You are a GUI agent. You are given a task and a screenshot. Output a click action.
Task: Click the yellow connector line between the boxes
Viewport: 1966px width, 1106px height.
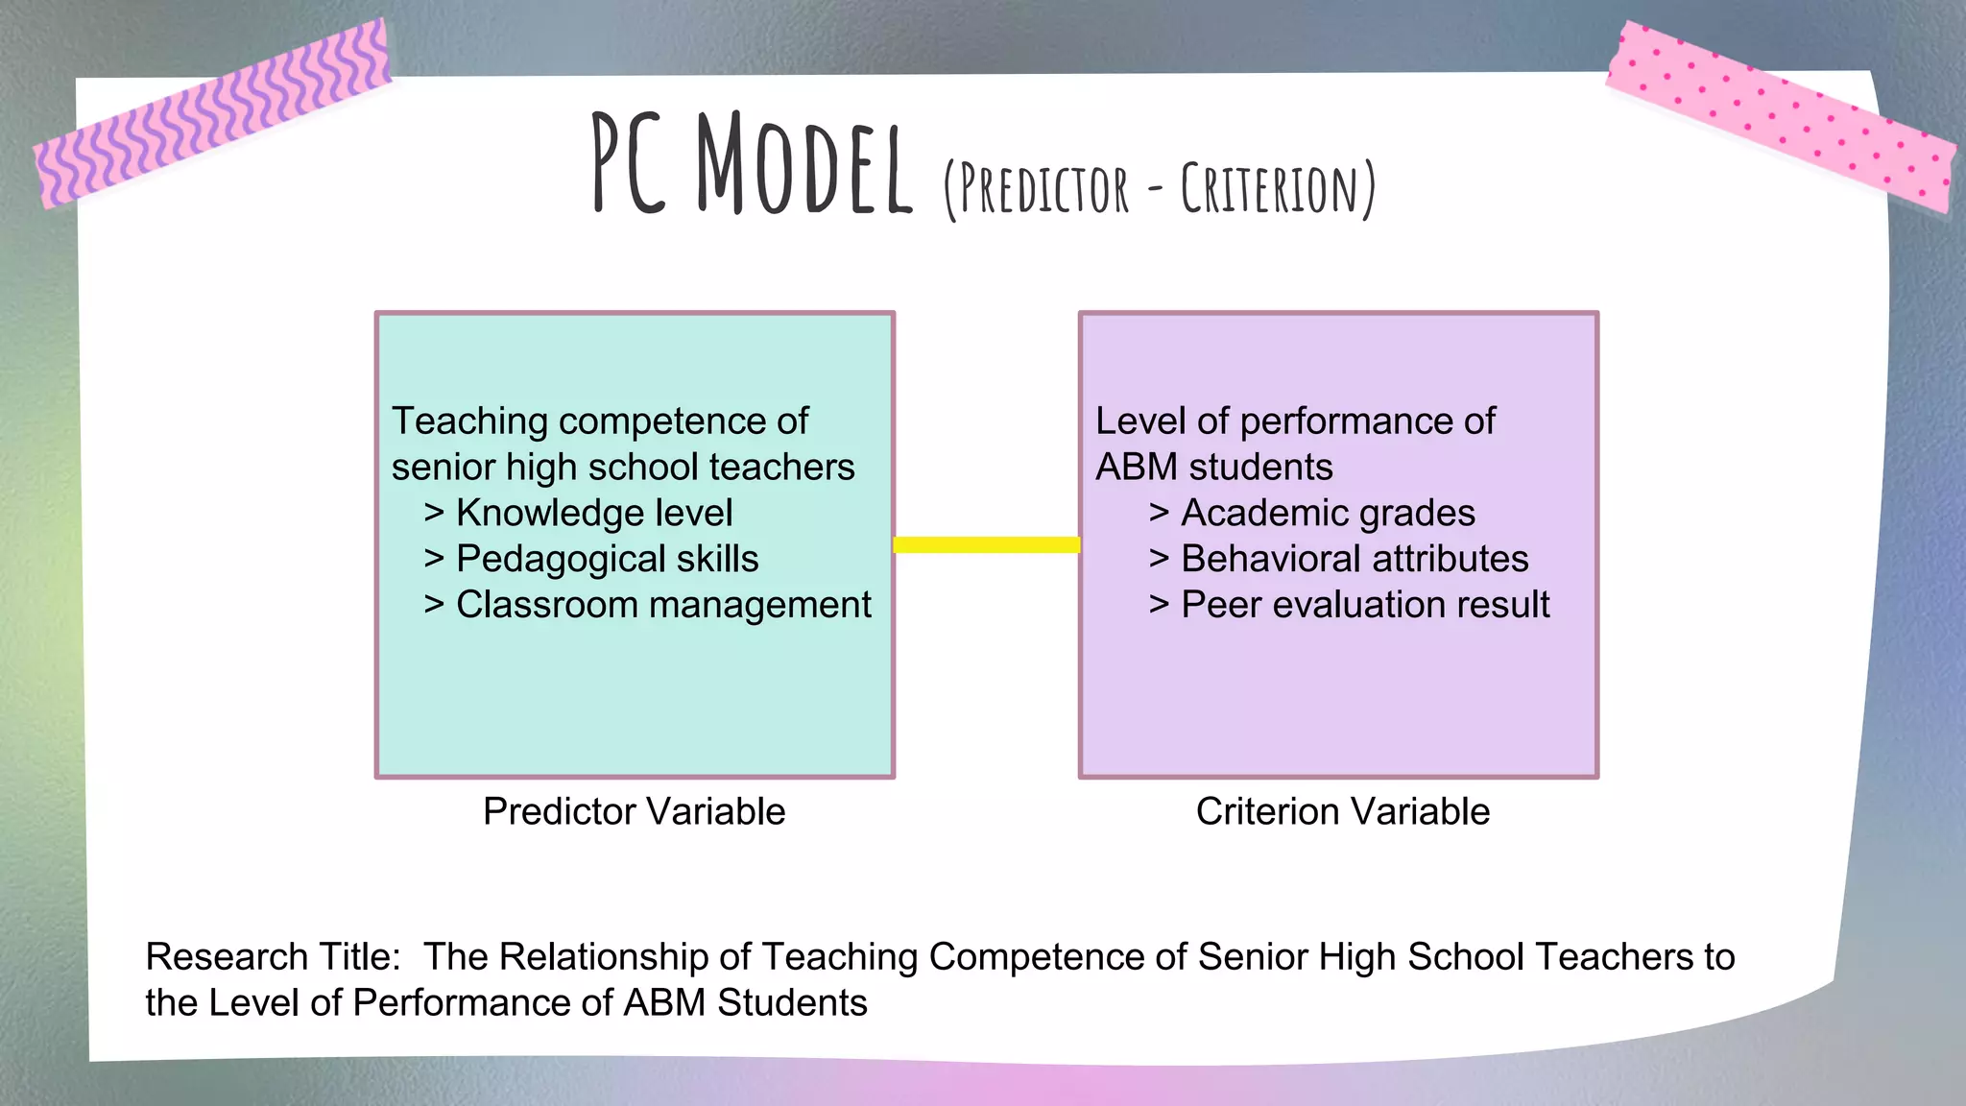pyautogui.click(x=986, y=544)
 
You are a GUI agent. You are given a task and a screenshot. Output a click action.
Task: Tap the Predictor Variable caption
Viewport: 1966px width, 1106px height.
pyautogui.click(x=634, y=811)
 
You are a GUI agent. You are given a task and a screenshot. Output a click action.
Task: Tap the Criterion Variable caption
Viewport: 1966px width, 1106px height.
pyautogui.click(x=1342, y=811)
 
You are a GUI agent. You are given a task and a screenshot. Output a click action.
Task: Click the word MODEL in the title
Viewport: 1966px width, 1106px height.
pyautogui.click(x=803, y=165)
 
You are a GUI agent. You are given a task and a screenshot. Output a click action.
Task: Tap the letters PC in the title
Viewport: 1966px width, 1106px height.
pyautogui.click(x=629, y=165)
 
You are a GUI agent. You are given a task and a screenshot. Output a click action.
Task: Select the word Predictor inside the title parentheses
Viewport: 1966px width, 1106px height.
pyautogui.click(x=1043, y=189)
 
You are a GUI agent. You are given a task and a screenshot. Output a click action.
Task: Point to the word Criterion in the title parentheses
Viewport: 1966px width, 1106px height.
pyautogui.click(x=1269, y=189)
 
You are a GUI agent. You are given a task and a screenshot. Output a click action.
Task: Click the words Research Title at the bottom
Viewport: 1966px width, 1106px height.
pyautogui.click(x=273, y=956)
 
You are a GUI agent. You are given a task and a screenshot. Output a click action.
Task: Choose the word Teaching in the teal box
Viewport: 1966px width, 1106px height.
pyautogui.click(x=469, y=421)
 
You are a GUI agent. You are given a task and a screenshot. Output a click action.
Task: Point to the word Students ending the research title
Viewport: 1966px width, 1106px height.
pyautogui.click(x=792, y=1002)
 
